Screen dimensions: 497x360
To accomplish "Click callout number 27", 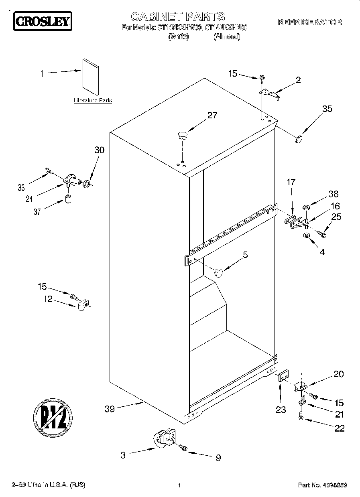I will [212, 116].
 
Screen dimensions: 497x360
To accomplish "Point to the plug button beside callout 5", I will [218, 272].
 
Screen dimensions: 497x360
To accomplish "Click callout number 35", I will [327, 108].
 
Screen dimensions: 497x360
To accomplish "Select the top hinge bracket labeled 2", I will [269, 93].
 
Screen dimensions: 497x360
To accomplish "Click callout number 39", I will [110, 409].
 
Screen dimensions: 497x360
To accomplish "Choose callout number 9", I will [218, 458].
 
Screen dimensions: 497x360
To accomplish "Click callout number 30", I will [99, 150].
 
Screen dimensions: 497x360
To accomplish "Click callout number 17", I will [291, 182].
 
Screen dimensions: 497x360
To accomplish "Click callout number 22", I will [339, 428].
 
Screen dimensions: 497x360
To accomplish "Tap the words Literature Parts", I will [93, 101].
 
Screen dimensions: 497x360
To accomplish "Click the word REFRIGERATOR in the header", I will [309, 22].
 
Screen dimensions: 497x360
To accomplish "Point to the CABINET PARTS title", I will [178, 16].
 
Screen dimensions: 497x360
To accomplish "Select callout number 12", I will [48, 299].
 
